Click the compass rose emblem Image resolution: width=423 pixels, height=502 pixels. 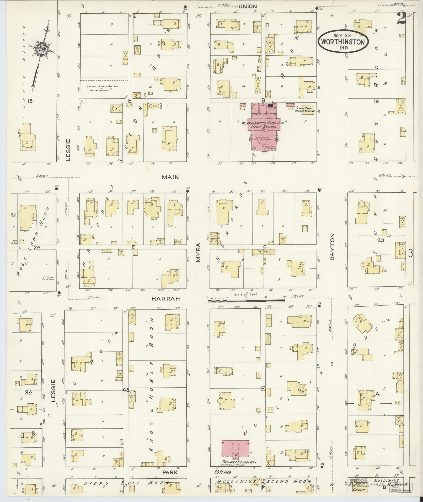pos(41,49)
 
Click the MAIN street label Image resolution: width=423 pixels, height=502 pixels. pos(170,177)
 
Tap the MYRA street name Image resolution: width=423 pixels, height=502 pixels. pos(198,252)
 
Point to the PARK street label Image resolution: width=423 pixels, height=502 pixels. pos(170,472)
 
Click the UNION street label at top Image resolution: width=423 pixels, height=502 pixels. pos(248,7)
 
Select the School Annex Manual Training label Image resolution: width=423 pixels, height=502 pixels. pos(305,109)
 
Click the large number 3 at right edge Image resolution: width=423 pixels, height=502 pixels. pos(410,253)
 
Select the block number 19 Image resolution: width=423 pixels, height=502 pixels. pos(376,102)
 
